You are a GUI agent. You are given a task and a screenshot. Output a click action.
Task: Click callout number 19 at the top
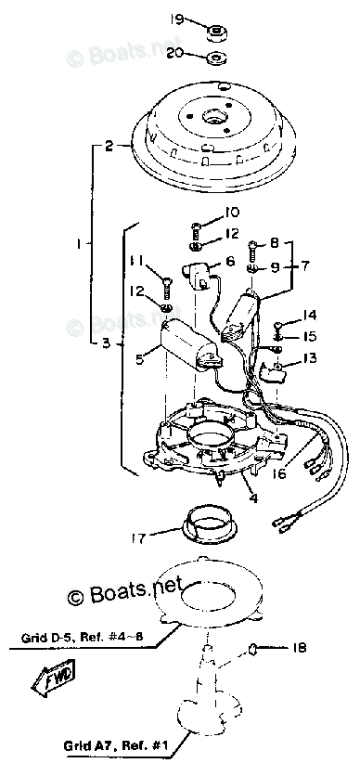pos(175,18)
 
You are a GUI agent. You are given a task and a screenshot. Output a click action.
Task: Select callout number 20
pos(175,53)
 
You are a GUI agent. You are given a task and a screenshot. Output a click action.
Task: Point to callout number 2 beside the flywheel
pos(109,146)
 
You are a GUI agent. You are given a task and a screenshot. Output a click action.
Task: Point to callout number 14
pos(310,316)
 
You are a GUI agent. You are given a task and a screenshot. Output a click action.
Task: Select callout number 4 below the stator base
pos(252,498)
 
